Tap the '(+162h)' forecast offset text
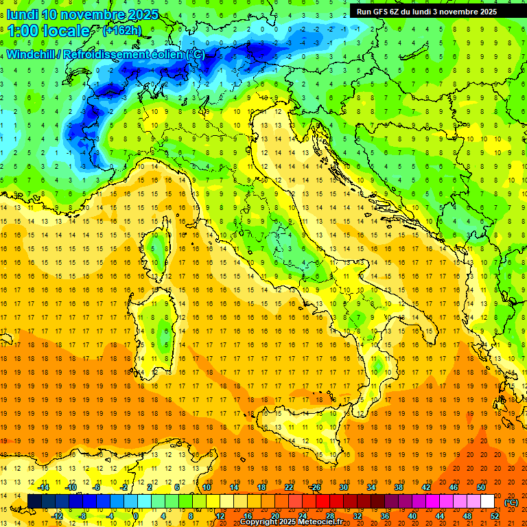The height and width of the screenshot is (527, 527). coord(121,30)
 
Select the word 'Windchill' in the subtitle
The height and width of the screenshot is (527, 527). coord(32,54)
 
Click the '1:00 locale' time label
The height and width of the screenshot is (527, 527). coord(48,31)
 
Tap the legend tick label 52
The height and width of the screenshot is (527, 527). coord(494,516)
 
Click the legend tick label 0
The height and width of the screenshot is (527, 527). coord(136,516)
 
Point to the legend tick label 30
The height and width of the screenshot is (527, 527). coord(343,487)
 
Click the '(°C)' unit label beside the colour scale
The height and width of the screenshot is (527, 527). coord(511,502)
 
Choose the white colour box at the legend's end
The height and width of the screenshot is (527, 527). coord(487,502)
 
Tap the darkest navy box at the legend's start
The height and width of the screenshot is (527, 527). coord(34,502)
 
